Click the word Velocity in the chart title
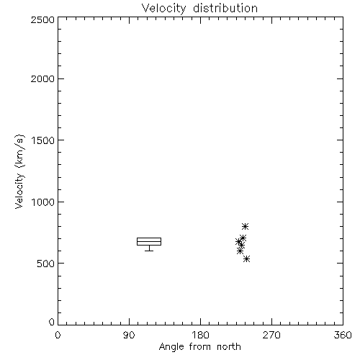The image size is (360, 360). click(x=163, y=9)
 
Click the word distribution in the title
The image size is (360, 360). click(x=225, y=8)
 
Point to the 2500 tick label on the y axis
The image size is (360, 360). click(x=42, y=19)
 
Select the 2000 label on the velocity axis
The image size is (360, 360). click(x=42, y=78)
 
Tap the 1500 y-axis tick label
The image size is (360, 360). click(x=43, y=140)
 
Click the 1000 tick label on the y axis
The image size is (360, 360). click(x=43, y=202)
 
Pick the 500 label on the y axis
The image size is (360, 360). click(x=46, y=264)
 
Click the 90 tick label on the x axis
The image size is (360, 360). click(x=129, y=335)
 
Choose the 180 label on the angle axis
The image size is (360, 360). click(x=200, y=335)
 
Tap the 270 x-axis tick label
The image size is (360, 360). click(x=271, y=335)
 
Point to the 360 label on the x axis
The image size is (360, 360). click(x=343, y=335)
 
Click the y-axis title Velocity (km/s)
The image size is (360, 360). click(x=19, y=172)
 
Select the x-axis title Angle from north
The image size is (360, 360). click(x=200, y=347)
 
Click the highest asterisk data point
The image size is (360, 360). click(x=245, y=226)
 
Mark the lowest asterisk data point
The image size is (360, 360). click(x=246, y=259)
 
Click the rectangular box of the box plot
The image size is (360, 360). click(x=149, y=238)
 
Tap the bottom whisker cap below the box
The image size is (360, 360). click(x=149, y=251)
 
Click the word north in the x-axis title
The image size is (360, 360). click(x=229, y=347)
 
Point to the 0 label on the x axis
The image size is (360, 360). click(x=58, y=335)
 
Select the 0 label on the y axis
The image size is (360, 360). click(x=52, y=322)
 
